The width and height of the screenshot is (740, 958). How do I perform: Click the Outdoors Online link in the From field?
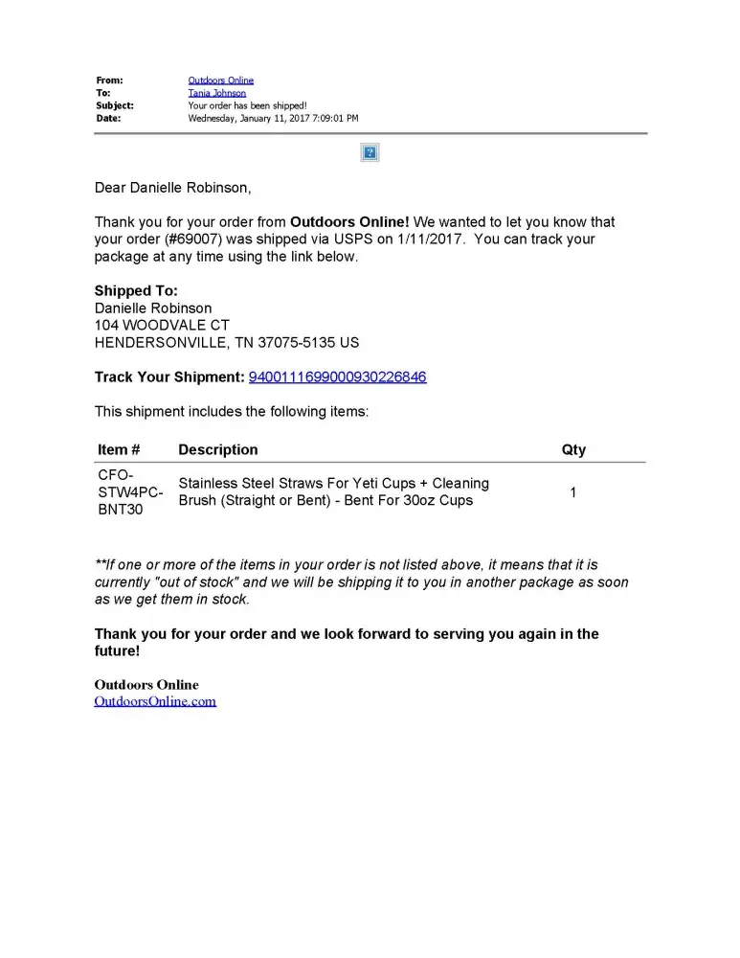(x=220, y=80)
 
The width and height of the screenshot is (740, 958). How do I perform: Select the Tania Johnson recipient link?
(x=216, y=93)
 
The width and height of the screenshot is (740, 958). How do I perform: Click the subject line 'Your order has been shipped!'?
(x=247, y=105)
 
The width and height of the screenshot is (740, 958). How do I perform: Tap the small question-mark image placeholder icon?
(x=370, y=152)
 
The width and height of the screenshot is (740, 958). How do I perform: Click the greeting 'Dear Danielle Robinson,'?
(x=172, y=188)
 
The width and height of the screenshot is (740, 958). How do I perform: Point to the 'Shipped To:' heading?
(x=136, y=291)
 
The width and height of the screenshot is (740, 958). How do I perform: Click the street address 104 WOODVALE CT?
(x=162, y=326)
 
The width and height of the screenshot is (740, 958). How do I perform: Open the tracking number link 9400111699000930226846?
(x=337, y=377)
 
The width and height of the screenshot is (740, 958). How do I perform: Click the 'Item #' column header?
(x=119, y=449)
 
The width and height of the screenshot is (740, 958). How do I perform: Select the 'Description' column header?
(x=217, y=449)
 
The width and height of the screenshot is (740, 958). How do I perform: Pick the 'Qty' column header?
(x=573, y=449)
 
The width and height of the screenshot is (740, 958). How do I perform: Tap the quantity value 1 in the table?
(x=573, y=492)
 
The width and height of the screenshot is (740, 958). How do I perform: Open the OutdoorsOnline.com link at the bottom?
(x=155, y=701)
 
